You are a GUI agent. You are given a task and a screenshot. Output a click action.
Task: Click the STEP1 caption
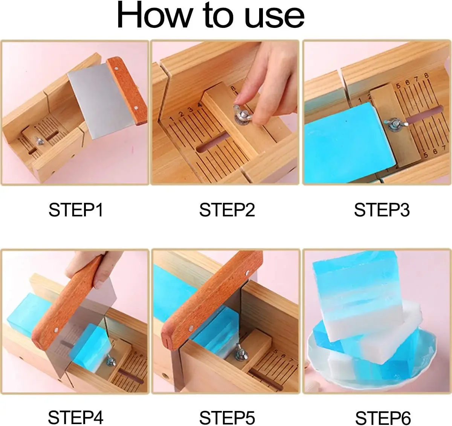point(76,210)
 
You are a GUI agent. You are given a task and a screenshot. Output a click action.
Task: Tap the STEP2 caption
point(227,210)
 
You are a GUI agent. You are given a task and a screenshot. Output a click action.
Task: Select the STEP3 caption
point(382,210)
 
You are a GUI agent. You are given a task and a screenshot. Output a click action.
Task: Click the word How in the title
point(154,15)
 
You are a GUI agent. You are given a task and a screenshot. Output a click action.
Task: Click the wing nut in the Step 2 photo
point(243,114)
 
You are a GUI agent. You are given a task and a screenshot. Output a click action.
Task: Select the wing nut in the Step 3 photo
point(394,125)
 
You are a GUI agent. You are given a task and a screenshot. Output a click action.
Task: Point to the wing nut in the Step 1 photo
point(39,141)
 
